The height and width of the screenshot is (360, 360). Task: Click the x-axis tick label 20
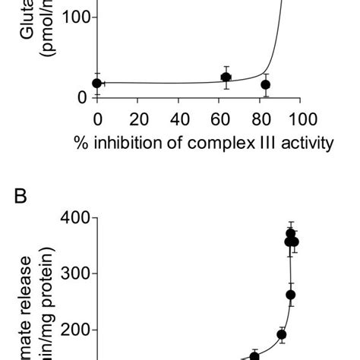tap(139, 119)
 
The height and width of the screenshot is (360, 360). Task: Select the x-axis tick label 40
tap(181, 119)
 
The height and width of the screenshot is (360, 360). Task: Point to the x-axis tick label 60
tap(222, 119)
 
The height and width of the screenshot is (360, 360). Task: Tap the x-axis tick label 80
tap(263, 119)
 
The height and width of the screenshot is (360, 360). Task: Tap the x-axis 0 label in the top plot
tap(97, 119)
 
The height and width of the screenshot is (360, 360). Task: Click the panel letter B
tap(21, 196)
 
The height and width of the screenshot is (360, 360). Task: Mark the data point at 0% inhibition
tap(96, 83)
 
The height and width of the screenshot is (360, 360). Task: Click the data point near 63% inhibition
tap(226, 77)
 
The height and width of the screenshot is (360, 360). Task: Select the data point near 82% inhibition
tap(265, 84)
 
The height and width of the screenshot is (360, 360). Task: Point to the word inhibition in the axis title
tap(137, 143)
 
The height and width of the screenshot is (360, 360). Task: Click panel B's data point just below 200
tap(281, 334)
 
